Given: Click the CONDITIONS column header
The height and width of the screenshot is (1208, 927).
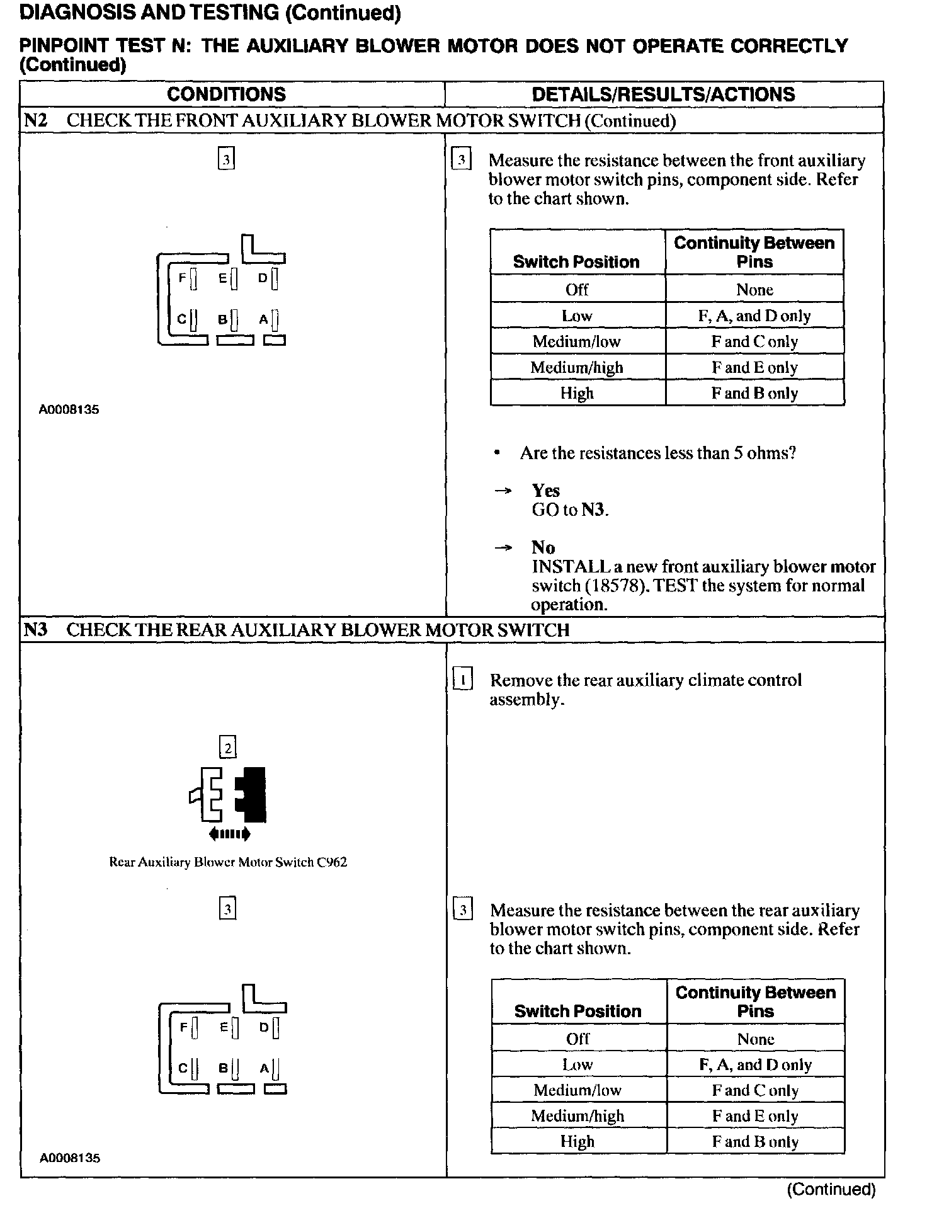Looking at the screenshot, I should pos(226,94).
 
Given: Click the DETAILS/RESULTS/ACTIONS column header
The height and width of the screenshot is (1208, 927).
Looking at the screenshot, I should pos(663,94).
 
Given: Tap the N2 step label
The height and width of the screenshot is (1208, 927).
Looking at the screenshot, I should pos(35,120).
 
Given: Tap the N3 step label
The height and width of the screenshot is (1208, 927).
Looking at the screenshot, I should pos(35,630).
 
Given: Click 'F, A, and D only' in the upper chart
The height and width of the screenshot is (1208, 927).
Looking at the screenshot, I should pos(754,316).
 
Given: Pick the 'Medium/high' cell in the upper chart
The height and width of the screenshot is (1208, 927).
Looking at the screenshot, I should pos(576,368).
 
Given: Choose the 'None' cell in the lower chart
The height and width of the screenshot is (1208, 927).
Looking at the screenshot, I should pos(755,1039).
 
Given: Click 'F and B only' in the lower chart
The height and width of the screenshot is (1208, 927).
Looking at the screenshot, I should pos(755,1142).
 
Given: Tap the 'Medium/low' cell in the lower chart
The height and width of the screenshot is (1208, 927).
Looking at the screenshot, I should pos(577,1090).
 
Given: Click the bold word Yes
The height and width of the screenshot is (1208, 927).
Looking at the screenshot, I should pos(545,491).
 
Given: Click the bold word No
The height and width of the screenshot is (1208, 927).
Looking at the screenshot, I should pos(543,547).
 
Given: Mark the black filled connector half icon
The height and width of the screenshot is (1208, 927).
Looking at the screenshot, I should pos(251,795).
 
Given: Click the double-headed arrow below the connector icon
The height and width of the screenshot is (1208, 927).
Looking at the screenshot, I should pos(229,835).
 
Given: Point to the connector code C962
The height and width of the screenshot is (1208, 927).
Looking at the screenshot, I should pos(332,862).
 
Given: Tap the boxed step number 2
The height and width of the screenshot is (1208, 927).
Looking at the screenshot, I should pos(227,748).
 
